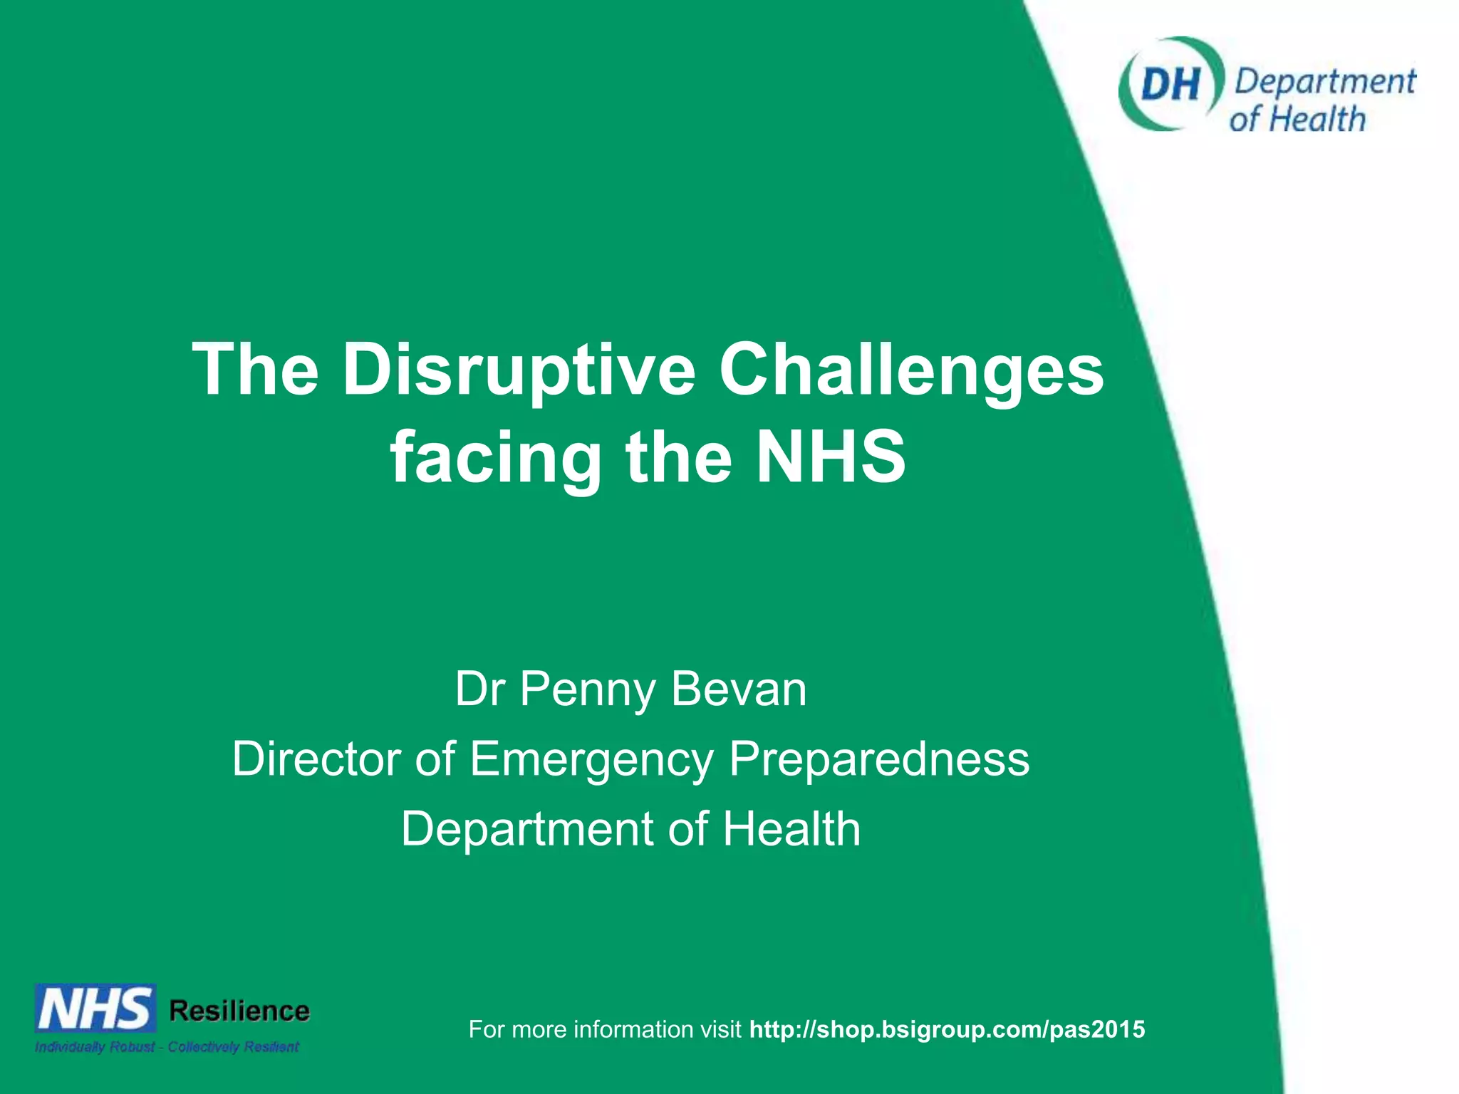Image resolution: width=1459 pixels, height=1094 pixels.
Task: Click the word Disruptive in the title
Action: point(519,370)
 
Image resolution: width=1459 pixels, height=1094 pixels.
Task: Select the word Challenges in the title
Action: point(911,370)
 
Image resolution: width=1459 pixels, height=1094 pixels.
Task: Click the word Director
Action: point(317,759)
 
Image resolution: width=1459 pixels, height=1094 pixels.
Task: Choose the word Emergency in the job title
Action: point(591,760)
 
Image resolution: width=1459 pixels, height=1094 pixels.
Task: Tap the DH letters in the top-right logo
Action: point(1169,84)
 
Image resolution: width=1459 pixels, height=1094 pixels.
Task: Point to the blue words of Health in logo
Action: point(1297,119)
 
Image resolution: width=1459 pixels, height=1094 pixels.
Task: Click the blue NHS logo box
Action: point(95,1008)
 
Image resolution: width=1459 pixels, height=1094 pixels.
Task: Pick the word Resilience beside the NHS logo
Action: point(239,1011)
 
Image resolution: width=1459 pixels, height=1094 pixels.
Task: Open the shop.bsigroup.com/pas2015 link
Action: point(947,1029)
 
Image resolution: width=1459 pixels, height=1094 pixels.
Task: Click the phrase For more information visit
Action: point(605,1029)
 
